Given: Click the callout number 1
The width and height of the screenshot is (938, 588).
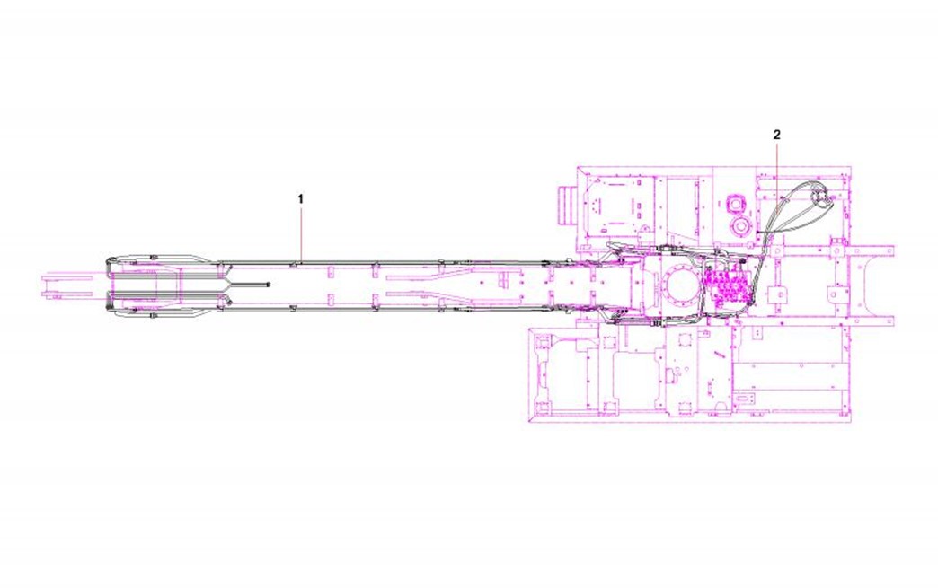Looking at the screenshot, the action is (x=301, y=199).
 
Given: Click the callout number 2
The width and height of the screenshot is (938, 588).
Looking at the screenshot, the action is (x=776, y=135).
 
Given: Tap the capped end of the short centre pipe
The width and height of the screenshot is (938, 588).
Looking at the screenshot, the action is (x=269, y=285).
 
